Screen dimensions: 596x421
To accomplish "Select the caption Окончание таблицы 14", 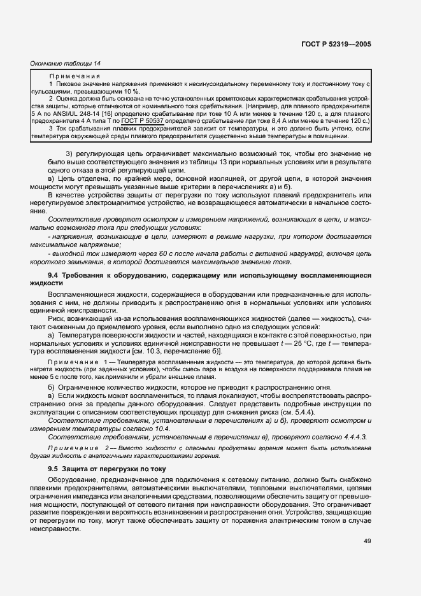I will [66, 63].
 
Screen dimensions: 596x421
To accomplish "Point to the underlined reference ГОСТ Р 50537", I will [143, 120].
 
